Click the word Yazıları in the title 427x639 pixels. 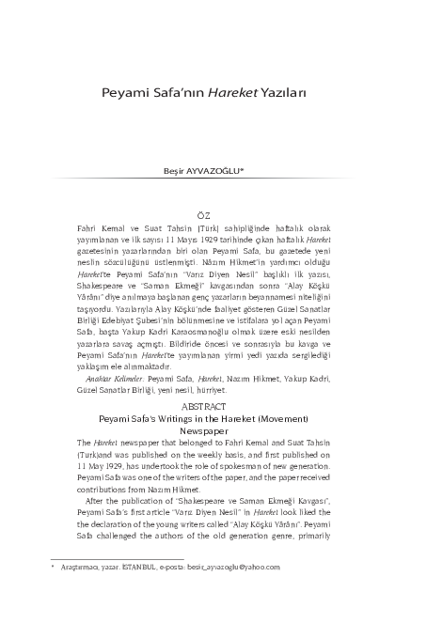point(298,95)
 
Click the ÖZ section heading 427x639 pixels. point(213,216)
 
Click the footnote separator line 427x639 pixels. point(90,557)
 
